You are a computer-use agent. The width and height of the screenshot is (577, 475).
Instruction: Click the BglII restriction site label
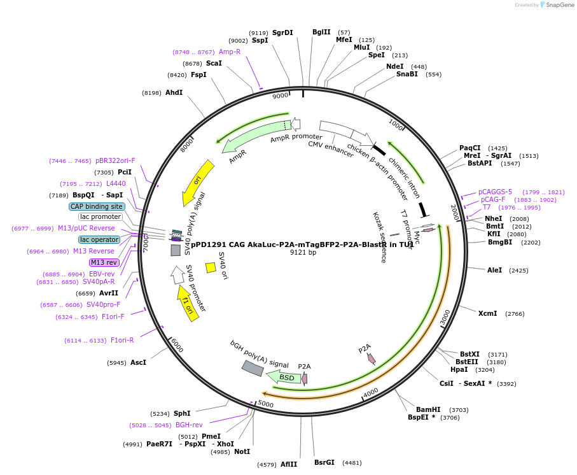pos(321,32)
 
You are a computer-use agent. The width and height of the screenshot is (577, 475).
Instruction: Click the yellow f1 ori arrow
pos(187,303)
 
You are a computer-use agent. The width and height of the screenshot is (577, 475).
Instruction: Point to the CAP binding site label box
pos(97,206)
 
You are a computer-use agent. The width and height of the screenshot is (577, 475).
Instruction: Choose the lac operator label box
pos(99,239)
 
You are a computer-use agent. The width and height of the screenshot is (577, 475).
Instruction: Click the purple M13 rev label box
pos(104,262)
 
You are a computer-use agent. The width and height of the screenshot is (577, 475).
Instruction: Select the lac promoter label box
pos(101,217)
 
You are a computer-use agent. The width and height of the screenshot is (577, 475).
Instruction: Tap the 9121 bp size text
pos(303,252)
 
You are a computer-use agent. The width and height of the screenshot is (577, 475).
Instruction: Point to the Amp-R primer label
pos(230,52)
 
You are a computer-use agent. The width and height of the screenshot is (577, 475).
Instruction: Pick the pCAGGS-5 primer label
pos(495,192)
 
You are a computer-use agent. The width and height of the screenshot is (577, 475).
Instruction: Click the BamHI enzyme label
pos(428,409)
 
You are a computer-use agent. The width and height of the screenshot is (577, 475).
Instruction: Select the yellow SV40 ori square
pos(211,267)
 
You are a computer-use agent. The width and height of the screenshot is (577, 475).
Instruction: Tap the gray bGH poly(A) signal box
pos(253,368)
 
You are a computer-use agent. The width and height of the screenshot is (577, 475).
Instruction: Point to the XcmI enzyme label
pos(487,313)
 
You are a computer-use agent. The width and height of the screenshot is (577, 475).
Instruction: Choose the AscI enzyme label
pos(138,362)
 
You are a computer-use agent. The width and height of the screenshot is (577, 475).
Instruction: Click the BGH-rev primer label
pos(189,425)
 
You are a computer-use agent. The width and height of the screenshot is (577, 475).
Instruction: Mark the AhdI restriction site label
pos(174,92)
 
